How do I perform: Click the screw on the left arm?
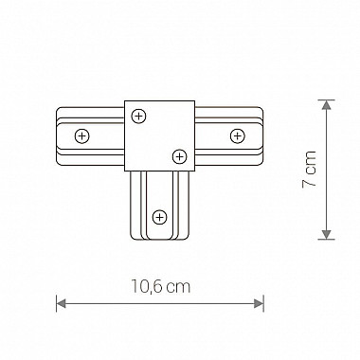pos(82,136)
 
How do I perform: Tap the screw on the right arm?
pos(237,136)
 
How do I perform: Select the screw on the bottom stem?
pos(159,217)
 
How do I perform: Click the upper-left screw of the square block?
pos(138,116)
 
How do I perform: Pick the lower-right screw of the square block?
pos(180,156)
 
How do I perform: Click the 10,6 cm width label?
pos(161,287)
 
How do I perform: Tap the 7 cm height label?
pos(309,169)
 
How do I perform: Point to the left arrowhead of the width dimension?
pos(61,304)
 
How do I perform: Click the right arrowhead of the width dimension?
pos(259,304)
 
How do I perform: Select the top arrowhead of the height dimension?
pos(326,105)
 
